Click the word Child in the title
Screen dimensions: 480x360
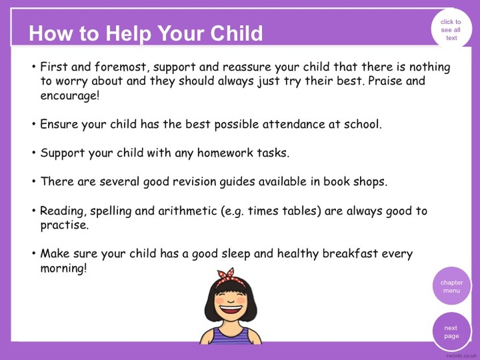pyautogui.click(x=236, y=33)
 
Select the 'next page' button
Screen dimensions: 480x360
pyautogui.click(x=451, y=332)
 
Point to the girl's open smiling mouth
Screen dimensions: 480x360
pyautogui.click(x=230, y=309)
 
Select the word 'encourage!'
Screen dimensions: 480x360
pyautogui.click(x=70, y=95)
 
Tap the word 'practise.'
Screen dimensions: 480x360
pyautogui.click(x=64, y=225)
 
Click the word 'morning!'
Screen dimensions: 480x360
pyautogui.click(x=64, y=269)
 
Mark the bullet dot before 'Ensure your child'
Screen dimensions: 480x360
pyautogui.click(x=34, y=124)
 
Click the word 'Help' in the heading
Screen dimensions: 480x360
pyautogui.click(x=128, y=34)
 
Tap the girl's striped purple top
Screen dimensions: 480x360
pyautogui.click(x=230, y=336)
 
